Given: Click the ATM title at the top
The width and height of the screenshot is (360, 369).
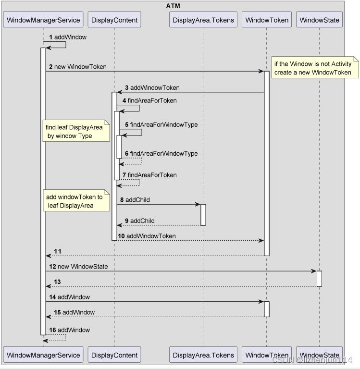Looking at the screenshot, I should [173, 6].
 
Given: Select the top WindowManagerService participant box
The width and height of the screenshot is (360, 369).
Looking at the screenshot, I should [43, 20].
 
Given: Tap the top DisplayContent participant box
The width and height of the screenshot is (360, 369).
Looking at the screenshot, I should [114, 20].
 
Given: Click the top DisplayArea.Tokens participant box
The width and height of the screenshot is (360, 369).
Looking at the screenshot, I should [203, 20].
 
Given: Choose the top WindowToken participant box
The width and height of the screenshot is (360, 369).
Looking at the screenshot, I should [267, 20].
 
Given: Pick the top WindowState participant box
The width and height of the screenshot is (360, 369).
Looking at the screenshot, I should [319, 20].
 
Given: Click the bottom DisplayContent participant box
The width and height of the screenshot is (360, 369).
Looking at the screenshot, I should [114, 355].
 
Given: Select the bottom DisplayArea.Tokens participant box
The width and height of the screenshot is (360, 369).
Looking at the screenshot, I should [203, 355].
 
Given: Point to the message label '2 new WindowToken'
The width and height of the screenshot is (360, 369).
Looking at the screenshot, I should [77, 67].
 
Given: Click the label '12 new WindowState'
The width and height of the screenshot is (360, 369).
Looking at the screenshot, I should [78, 266].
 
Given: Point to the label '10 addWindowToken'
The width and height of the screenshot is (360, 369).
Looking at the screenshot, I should [147, 236].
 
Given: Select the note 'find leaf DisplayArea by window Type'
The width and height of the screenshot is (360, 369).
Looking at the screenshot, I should [74, 132].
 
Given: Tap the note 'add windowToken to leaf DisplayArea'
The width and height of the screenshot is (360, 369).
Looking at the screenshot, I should [74, 201].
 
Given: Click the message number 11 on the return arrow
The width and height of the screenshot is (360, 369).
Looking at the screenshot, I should [58, 251].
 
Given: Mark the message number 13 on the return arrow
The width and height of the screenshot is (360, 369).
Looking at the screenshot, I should [58, 282].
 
